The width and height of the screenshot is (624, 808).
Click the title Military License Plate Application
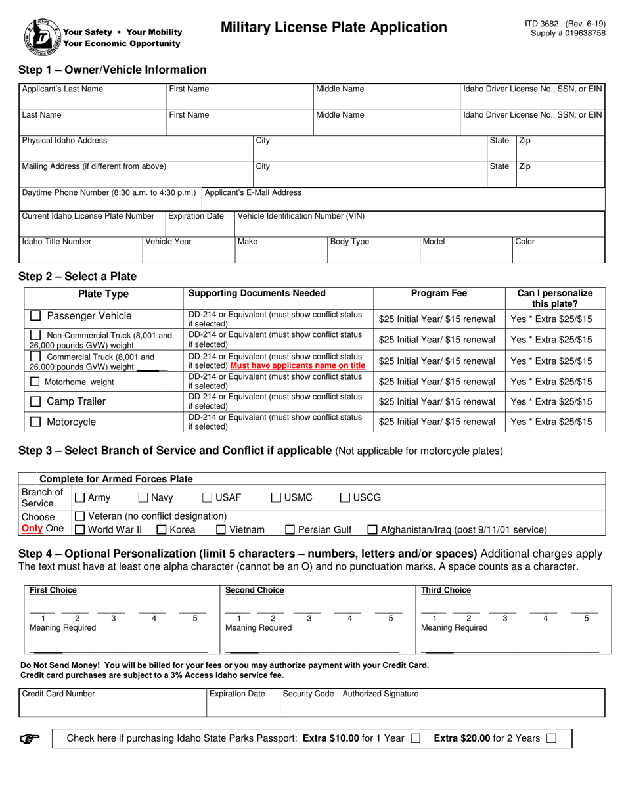[x=334, y=27]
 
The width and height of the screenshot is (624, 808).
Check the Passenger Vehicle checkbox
[x=36, y=316]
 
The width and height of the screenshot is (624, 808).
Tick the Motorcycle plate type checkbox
[x=36, y=422]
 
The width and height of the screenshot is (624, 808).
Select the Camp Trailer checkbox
[x=36, y=401]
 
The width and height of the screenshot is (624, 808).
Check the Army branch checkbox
[x=80, y=498]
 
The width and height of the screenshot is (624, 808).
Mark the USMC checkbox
[x=277, y=498]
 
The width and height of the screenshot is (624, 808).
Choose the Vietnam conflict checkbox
[x=221, y=529]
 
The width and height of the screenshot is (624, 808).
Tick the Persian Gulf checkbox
[x=290, y=529]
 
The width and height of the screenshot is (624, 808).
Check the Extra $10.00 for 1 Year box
[x=415, y=738]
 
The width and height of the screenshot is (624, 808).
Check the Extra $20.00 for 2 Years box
[x=550, y=738]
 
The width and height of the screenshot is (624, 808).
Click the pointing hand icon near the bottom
[x=30, y=738]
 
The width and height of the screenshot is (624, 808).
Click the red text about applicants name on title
[x=298, y=365]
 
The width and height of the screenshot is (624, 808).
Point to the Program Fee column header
[x=439, y=294]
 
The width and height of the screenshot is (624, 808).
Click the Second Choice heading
[x=255, y=590]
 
